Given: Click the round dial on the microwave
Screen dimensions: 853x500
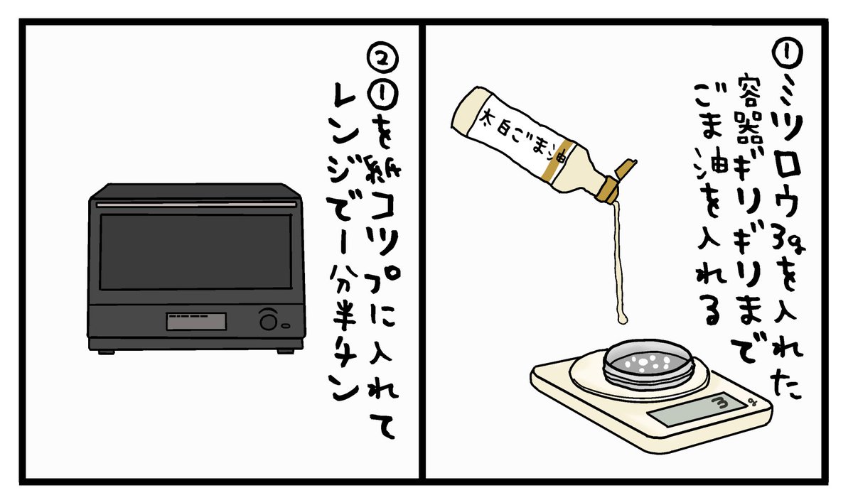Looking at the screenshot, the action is click(269, 320).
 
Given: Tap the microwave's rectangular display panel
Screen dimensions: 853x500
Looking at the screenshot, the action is click(195, 321).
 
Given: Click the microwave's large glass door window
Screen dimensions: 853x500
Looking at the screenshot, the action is click(195, 251).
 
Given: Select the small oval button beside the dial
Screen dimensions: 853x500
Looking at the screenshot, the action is click(286, 326).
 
